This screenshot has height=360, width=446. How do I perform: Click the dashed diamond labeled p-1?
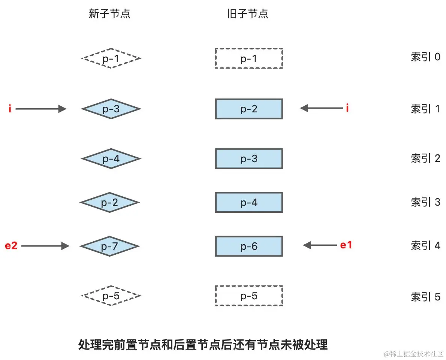point(111,58)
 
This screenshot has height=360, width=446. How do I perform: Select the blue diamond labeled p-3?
point(111,109)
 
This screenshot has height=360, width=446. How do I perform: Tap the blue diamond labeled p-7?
point(109,246)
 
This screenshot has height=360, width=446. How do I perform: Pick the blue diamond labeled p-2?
point(109,203)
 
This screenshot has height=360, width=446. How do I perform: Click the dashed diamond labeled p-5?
point(111,296)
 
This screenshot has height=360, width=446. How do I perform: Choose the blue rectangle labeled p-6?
point(249,246)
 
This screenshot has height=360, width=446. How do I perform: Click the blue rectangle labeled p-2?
point(249,109)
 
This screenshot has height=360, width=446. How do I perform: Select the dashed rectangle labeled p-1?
point(249,58)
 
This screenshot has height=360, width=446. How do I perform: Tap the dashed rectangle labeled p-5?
point(249,296)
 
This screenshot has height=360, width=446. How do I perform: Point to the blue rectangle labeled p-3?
point(249,159)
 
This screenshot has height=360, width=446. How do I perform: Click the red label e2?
point(11,246)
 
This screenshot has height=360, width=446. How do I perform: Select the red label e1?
point(346,245)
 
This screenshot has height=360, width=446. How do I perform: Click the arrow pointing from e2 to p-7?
point(45,246)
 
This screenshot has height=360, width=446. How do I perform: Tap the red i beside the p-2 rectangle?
point(347,109)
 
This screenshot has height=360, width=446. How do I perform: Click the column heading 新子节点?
point(109,14)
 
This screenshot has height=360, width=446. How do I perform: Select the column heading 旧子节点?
point(248,14)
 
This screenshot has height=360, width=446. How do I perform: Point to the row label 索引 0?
point(425,57)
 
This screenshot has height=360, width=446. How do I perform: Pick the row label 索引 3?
point(425,202)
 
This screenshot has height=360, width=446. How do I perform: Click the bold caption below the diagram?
point(203,344)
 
